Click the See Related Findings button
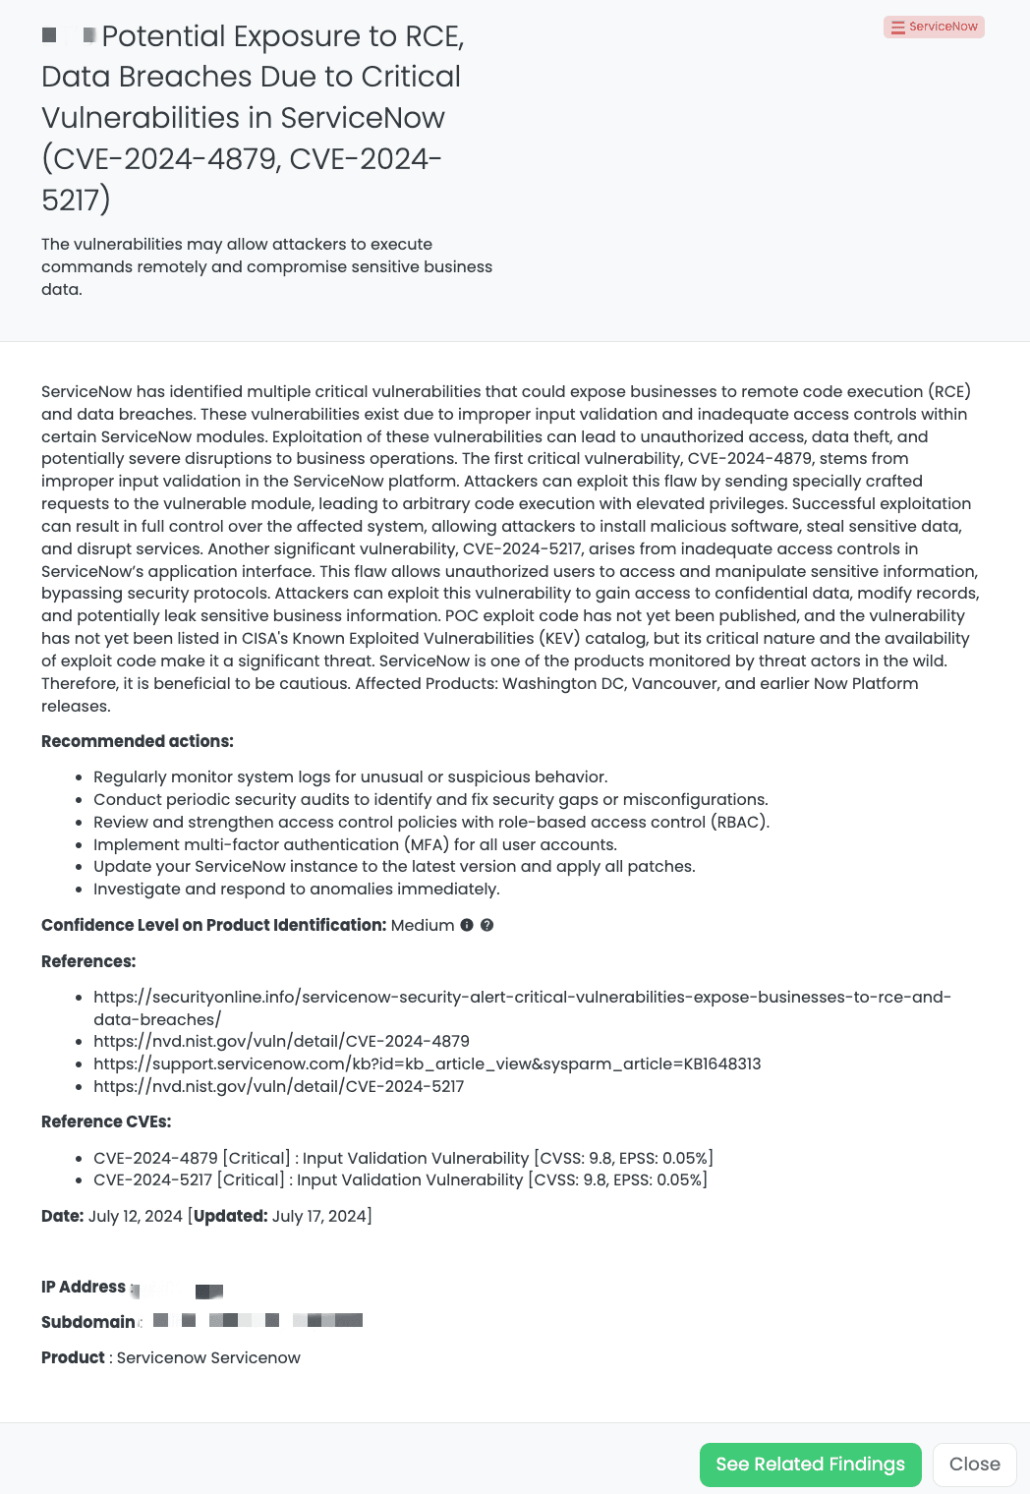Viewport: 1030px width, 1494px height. (810, 1465)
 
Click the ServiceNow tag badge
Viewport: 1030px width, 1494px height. (934, 27)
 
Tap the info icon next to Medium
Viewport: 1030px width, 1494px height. (467, 925)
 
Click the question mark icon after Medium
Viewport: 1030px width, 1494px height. (486, 925)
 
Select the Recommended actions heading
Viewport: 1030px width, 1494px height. (138, 741)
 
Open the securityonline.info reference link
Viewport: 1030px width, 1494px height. (521, 998)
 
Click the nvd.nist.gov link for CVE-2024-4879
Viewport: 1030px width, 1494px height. (281, 1041)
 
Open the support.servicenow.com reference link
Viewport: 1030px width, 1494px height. (427, 1063)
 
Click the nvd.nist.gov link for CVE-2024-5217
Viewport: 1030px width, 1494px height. (278, 1086)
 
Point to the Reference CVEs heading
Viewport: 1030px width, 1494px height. (106, 1121)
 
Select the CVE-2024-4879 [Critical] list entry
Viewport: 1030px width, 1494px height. (403, 1158)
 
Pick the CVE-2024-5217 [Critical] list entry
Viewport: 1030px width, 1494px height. (400, 1179)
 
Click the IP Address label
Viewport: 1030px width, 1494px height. (84, 1287)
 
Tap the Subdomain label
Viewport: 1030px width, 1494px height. (88, 1322)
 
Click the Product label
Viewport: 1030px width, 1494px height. (73, 1357)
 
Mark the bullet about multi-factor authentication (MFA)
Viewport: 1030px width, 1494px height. (355, 844)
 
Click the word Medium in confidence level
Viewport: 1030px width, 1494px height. (422, 925)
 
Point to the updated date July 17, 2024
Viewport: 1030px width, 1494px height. (318, 1216)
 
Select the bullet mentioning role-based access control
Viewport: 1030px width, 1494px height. (430, 822)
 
